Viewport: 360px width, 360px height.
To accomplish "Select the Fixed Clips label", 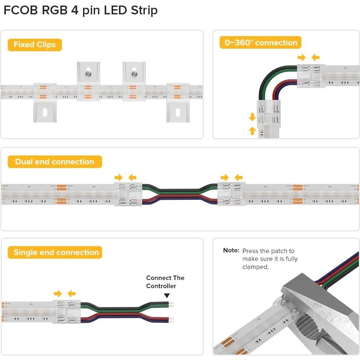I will [35, 45].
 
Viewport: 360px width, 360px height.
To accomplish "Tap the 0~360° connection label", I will [261, 43].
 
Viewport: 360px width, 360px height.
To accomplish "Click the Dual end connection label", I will [55, 162].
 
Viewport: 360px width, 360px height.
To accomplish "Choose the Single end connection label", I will [56, 252].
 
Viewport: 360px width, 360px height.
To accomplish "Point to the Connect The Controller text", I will [165, 282].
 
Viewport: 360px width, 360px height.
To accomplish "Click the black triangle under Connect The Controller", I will [167, 295].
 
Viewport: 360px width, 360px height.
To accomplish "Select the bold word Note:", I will [231, 251].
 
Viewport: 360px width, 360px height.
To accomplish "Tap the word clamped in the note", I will [255, 267].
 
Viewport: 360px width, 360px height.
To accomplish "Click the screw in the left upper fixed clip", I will [88, 74].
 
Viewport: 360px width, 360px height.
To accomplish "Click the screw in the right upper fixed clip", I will [134, 74].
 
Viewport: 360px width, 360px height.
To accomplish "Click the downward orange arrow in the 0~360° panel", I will [252, 117].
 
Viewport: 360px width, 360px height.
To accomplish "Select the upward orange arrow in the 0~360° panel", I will [252, 130].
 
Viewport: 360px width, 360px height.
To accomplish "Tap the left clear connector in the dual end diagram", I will [128, 194].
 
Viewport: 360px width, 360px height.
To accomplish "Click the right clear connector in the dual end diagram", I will [231, 194].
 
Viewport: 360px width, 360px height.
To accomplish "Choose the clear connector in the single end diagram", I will [66, 312].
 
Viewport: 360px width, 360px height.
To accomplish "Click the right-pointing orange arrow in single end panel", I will [57, 294].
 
